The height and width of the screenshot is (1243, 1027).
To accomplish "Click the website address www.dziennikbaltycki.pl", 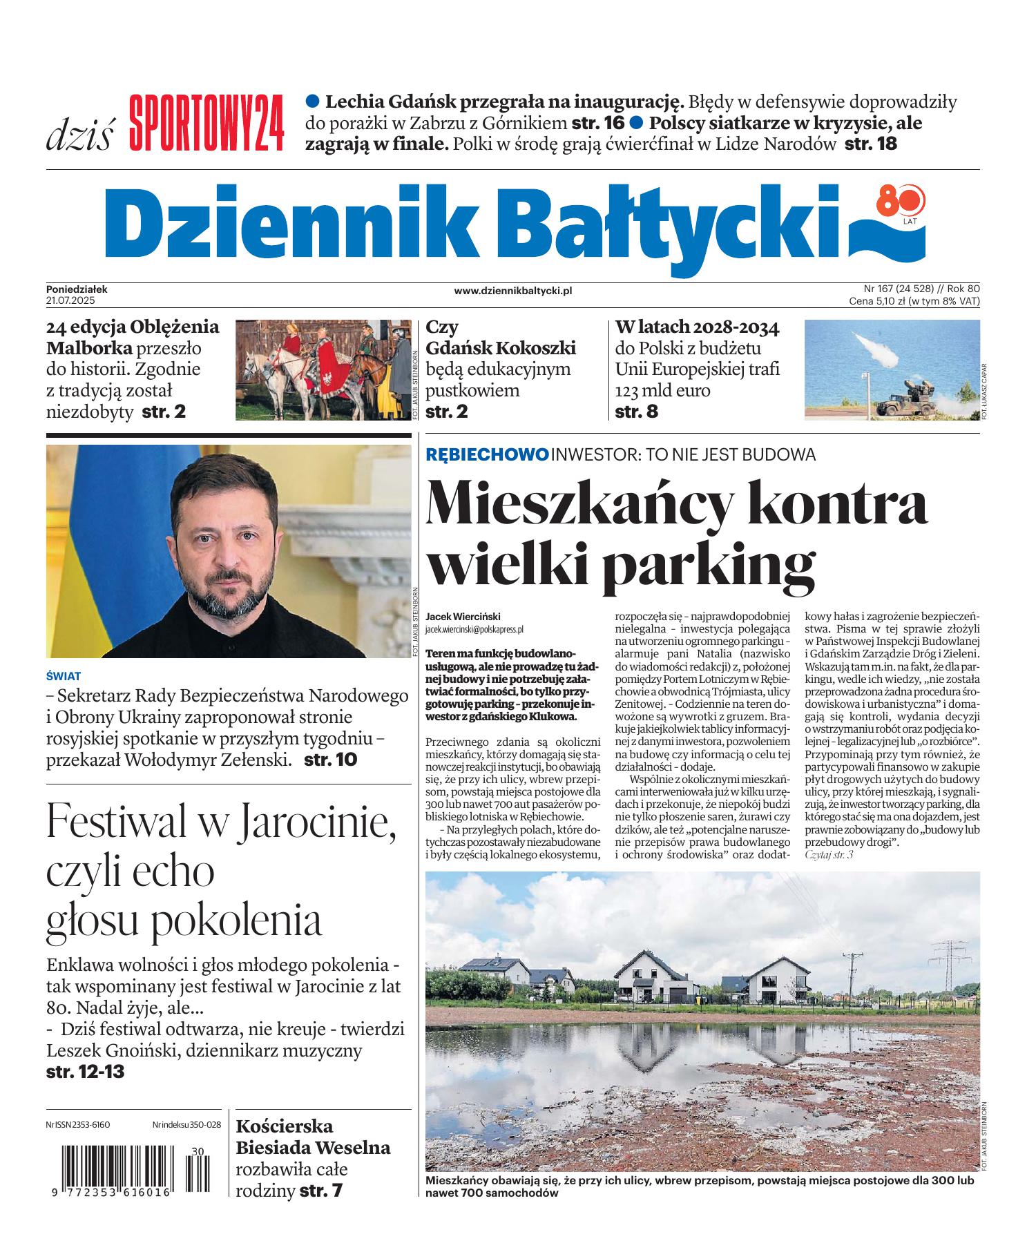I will click(512, 291).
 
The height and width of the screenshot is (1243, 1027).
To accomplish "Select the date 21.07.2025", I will click(70, 301).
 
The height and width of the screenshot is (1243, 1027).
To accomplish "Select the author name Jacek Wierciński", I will click(463, 616).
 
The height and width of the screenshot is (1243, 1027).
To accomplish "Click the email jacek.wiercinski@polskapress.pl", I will click(474, 629).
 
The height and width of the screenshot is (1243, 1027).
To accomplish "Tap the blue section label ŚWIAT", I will click(64, 677).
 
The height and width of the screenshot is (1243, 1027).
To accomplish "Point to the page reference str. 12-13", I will click(85, 1072).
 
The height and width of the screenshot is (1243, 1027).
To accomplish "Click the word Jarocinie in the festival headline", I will click(318, 822).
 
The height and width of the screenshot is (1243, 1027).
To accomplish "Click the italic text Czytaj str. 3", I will click(829, 855).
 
